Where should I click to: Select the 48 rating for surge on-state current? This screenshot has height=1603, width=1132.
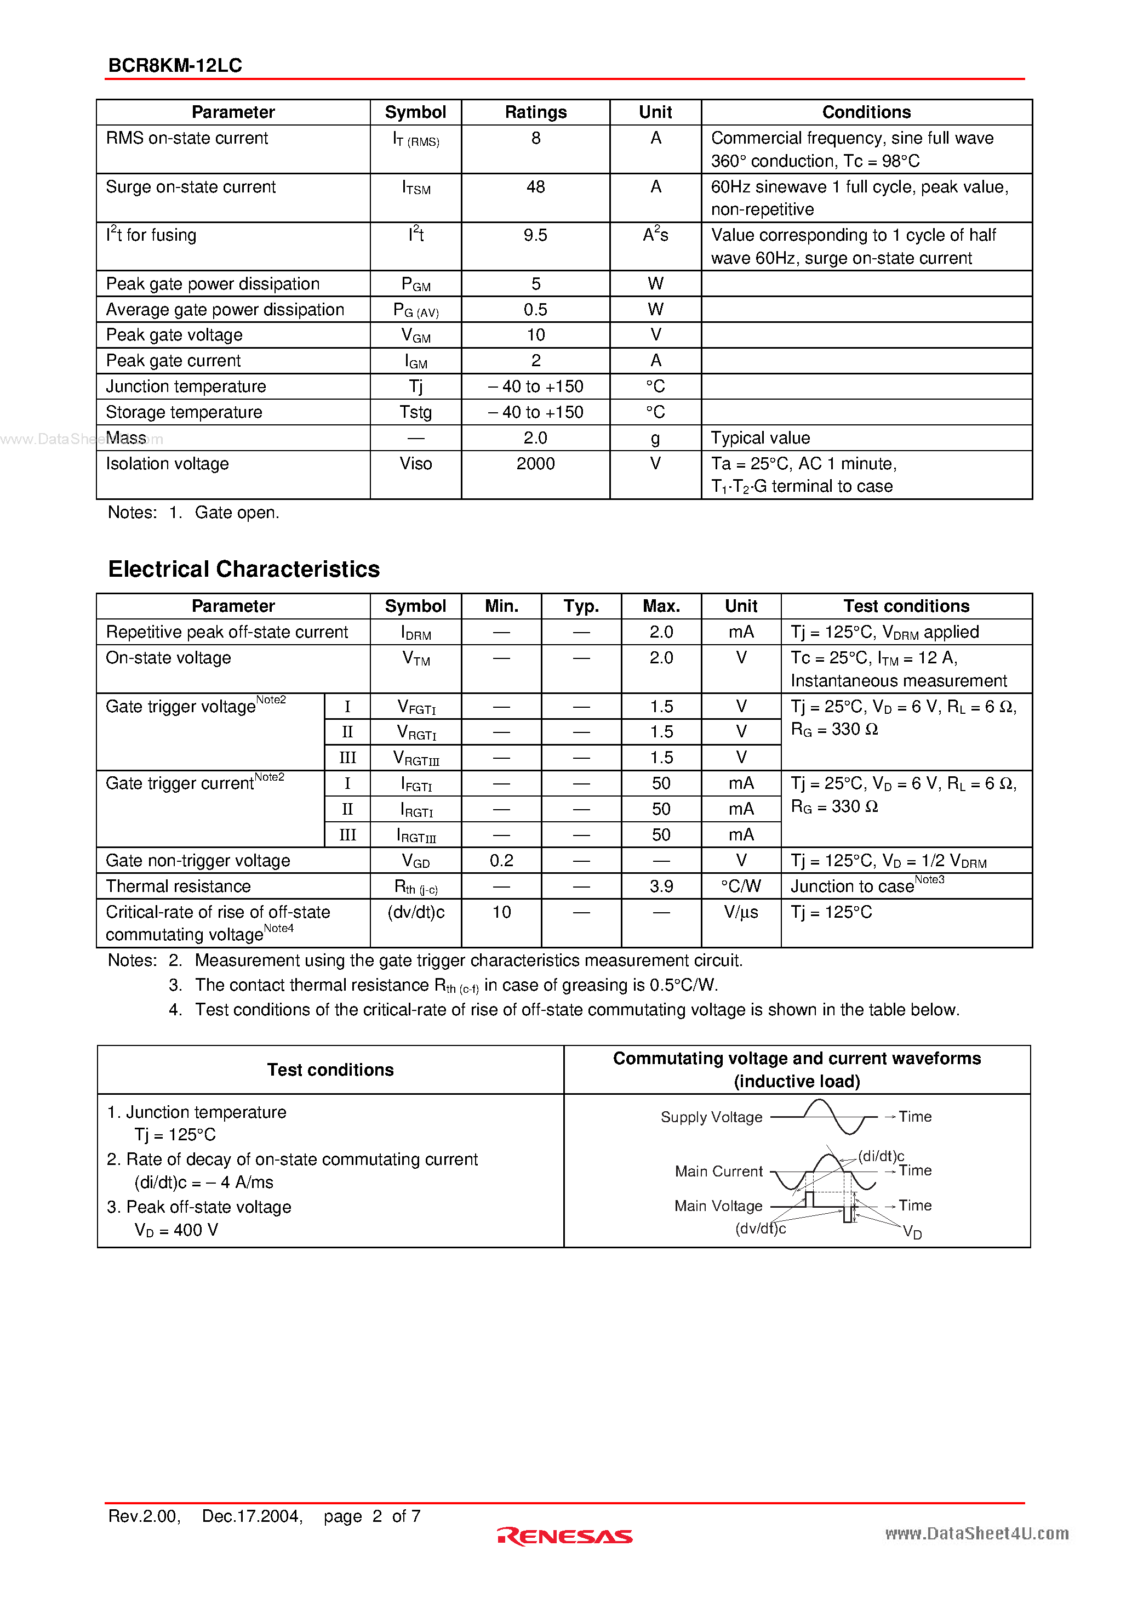coord(535,187)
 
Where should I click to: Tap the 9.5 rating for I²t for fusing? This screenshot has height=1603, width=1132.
coord(535,235)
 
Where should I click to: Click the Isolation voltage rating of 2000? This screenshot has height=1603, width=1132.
coord(535,464)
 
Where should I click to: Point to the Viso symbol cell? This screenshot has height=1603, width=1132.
coord(415,464)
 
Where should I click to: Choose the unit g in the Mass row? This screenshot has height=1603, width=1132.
coord(655,439)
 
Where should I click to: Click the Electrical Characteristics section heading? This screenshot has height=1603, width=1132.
coord(244,569)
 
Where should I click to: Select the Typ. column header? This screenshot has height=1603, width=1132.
coord(581,606)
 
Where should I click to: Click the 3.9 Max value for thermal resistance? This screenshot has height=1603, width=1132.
coord(661,886)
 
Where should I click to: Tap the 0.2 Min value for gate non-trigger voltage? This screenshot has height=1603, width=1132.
coord(501,861)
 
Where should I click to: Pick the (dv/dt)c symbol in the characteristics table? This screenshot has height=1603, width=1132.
coord(415,912)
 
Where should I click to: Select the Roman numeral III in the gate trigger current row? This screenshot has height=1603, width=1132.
coord(347,835)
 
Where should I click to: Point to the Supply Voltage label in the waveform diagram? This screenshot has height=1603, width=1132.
coord(711,1117)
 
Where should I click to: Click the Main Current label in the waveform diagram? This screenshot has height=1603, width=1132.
coord(718,1172)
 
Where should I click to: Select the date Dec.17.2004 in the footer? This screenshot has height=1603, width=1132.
coord(252,1516)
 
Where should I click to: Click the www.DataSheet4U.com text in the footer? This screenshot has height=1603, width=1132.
coord(976,1533)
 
